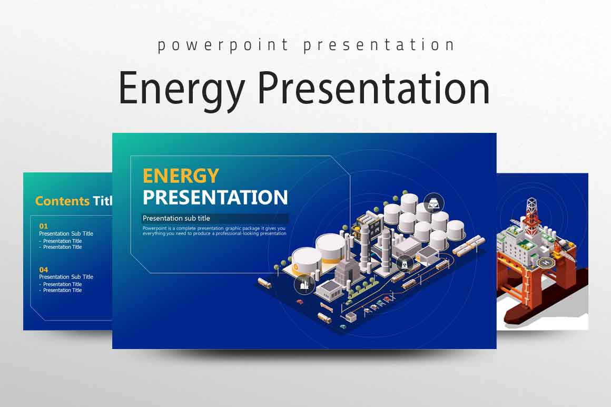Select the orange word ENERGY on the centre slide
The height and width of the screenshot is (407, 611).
pyautogui.click(x=181, y=176)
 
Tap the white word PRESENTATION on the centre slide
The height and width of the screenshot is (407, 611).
pyautogui.click(x=215, y=197)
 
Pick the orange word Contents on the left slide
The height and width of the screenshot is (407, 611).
pyautogui.click(x=62, y=201)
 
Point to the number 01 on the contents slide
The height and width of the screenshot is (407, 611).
pyautogui.click(x=43, y=226)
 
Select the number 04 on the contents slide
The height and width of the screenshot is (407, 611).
pyautogui.click(x=43, y=269)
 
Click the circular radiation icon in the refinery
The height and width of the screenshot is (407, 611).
pyautogui.click(x=405, y=262)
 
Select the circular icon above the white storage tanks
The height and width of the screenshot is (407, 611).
pyautogui.click(x=433, y=202)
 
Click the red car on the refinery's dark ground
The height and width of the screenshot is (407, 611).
pyautogui.click(x=300, y=302)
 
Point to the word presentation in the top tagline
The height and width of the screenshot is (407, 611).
pyautogui.click(x=379, y=45)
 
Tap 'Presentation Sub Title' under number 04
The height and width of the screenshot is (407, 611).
pyautogui.click(x=66, y=277)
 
